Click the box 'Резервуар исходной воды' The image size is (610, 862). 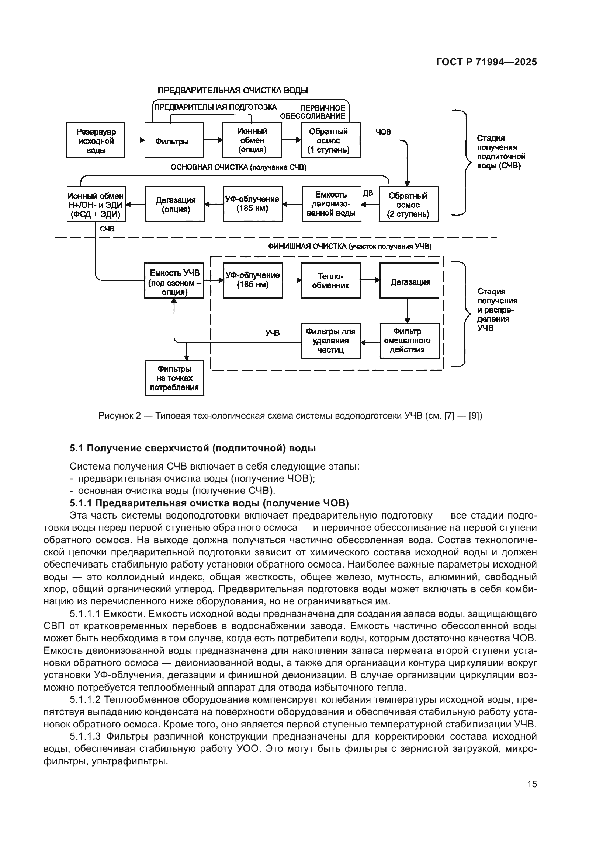(x=96, y=140)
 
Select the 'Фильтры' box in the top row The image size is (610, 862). (x=174, y=140)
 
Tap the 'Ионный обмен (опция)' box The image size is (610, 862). (x=252, y=140)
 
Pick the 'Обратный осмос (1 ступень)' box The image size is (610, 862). (x=330, y=140)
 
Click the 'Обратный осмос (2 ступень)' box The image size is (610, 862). (x=408, y=204)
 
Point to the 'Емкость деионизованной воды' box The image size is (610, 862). (x=331, y=204)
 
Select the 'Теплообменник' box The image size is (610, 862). (x=330, y=280)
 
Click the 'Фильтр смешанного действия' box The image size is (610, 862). (x=409, y=341)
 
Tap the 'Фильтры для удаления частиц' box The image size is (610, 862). (x=331, y=341)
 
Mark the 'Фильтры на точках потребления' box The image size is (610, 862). (x=174, y=378)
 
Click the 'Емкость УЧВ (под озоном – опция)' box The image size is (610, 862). (x=174, y=280)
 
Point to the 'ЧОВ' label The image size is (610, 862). (x=383, y=132)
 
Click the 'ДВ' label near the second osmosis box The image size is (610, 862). (x=368, y=193)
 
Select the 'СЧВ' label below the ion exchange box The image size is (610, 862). (x=107, y=228)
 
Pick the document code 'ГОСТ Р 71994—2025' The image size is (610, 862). (x=486, y=62)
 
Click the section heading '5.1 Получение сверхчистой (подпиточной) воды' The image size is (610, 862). (x=192, y=448)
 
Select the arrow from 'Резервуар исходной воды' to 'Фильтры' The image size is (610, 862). (x=135, y=140)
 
